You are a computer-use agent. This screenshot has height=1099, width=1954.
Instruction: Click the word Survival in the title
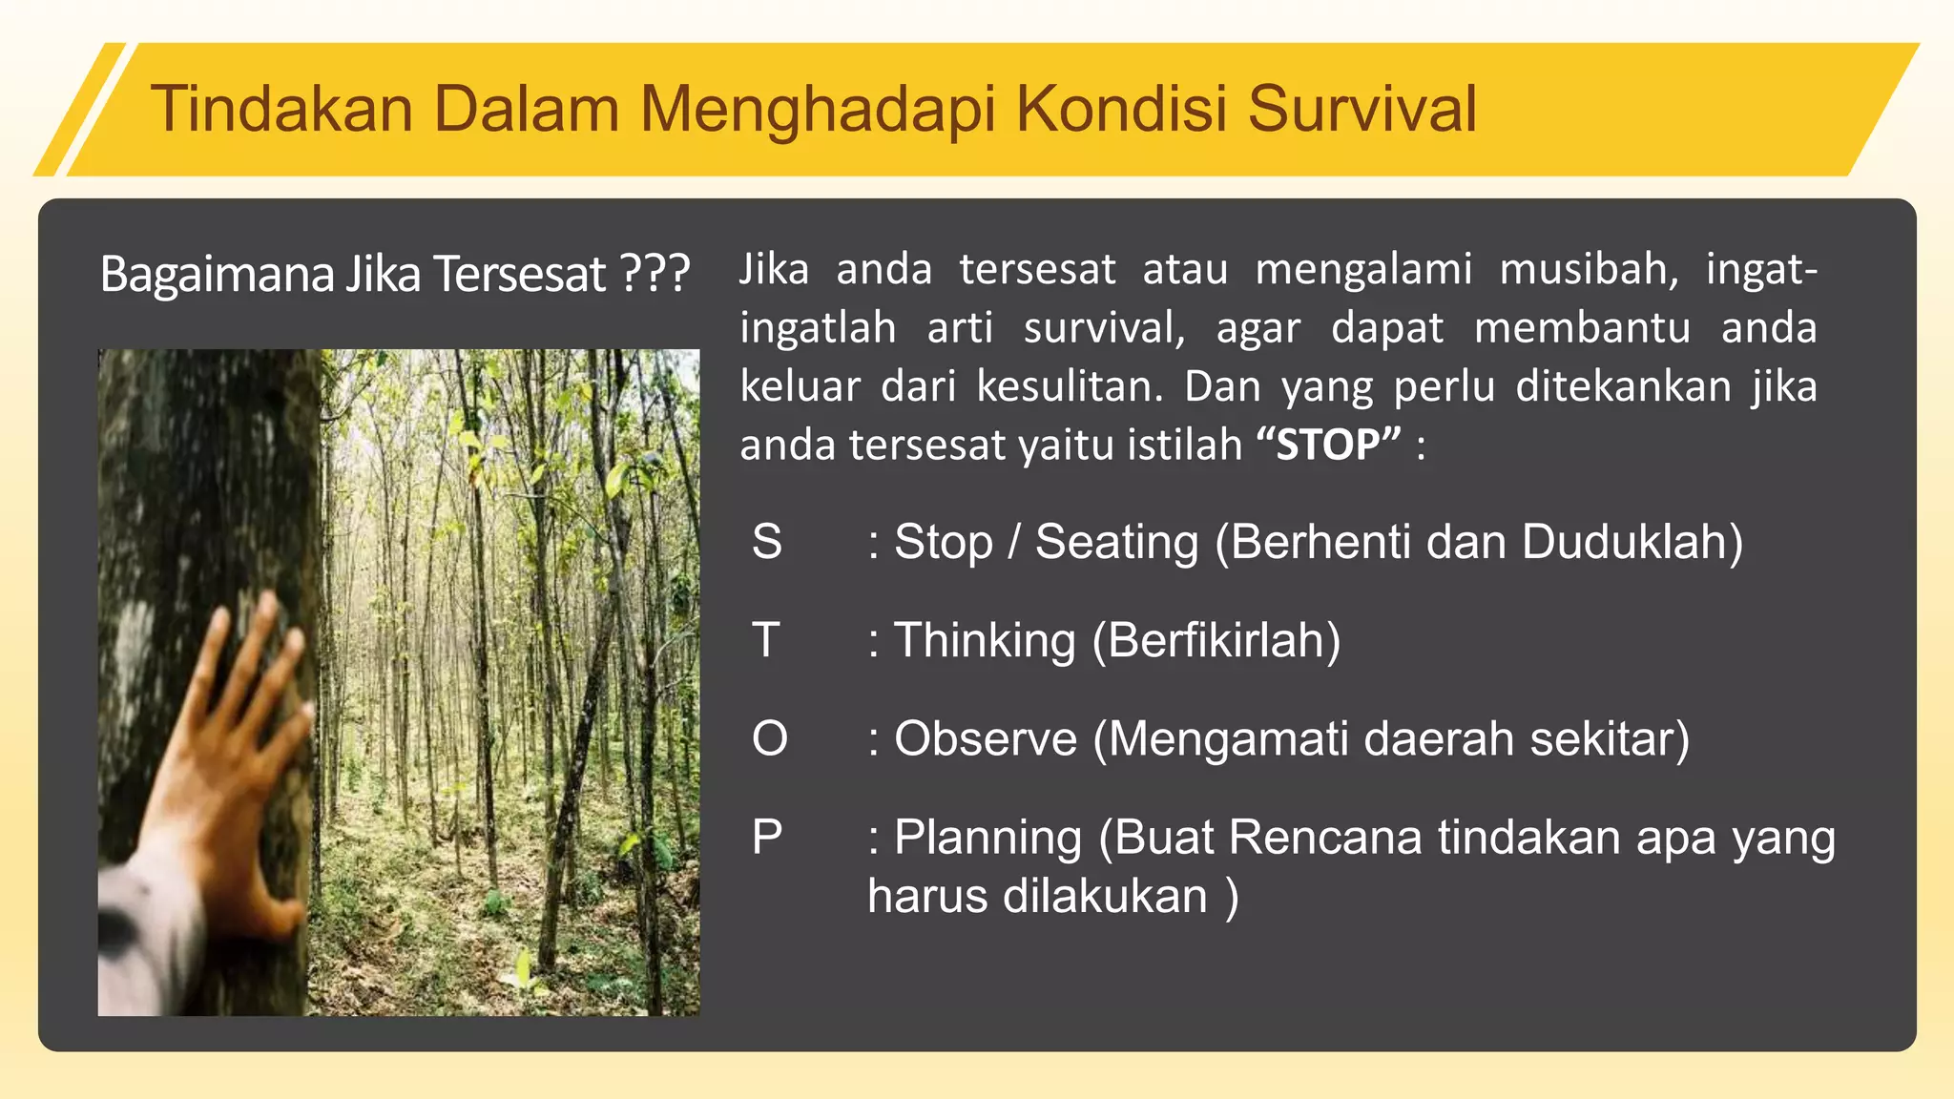coord(1362,108)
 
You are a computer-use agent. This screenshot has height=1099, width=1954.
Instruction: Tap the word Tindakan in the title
coord(281,108)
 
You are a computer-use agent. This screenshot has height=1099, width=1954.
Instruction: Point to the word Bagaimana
coord(218,275)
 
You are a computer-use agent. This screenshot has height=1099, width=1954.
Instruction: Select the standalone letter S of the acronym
coord(767,542)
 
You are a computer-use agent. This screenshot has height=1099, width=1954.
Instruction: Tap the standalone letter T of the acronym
coord(766,640)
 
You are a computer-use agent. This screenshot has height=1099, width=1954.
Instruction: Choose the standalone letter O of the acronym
coord(769,738)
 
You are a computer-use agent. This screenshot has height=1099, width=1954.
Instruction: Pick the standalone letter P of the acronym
coord(767,838)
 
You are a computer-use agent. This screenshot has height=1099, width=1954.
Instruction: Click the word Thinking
coord(985,640)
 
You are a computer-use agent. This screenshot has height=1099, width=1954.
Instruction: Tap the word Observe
coord(986,738)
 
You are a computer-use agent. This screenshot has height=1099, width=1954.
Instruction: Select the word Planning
coord(987,838)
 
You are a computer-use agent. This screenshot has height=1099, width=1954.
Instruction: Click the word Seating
coord(1116,542)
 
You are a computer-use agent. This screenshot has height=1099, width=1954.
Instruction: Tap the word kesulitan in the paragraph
coord(1070,386)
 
